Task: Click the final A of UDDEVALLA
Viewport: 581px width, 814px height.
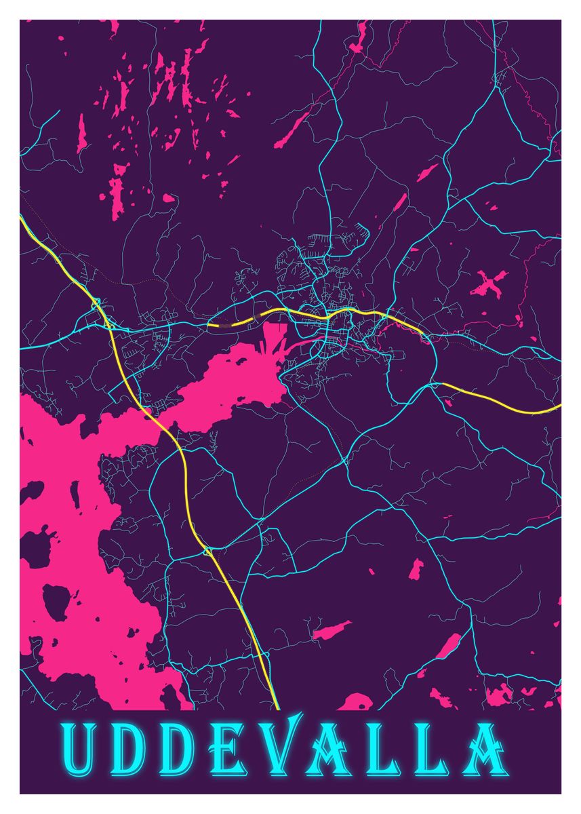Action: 483,752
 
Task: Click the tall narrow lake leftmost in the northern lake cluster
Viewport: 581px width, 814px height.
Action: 82,134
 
